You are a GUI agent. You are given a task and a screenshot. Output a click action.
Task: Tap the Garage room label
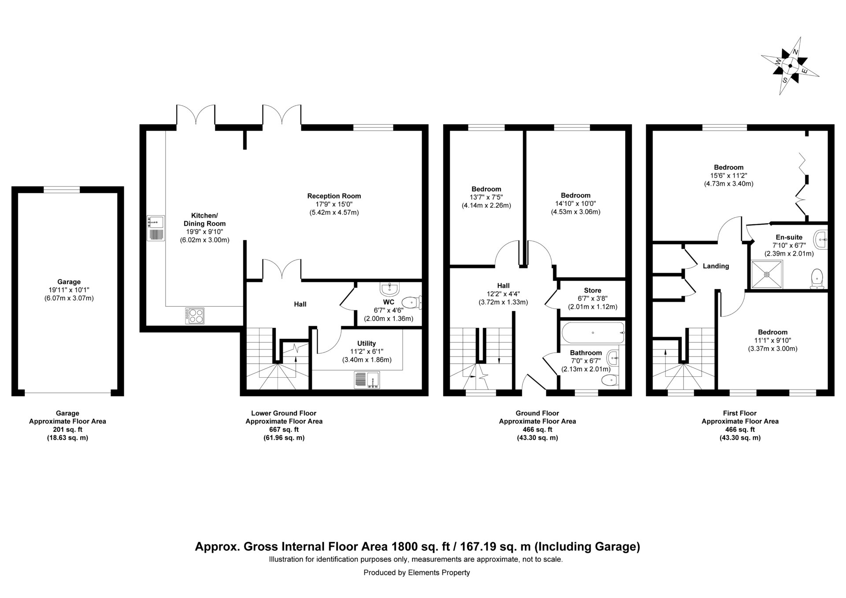coord(69,282)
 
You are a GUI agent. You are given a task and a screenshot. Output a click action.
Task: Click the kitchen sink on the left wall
coord(156,228)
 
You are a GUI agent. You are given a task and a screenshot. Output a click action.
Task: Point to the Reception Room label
coord(334,196)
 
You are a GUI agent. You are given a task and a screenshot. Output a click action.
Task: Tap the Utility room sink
coord(367,380)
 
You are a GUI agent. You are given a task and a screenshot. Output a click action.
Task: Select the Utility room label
coord(367,344)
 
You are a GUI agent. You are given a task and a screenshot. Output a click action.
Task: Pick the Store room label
coord(593,291)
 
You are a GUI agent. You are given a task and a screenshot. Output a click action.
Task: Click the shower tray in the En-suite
coord(767,274)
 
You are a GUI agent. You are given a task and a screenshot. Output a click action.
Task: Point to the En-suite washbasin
coord(821,240)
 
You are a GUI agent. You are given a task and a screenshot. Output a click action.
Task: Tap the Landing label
coord(716,266)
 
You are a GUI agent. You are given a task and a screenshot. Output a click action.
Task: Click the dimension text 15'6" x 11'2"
coord(729,175)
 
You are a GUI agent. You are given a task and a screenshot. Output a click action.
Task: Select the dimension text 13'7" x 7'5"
coord(486,197)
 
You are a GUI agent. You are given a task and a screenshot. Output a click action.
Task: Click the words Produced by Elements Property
coord(417,573)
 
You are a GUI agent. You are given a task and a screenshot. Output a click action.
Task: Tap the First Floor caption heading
coord(740,413)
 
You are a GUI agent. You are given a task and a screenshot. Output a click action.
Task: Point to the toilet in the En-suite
coord(817,279)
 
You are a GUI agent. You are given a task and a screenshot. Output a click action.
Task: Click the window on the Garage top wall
coord(62,189)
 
